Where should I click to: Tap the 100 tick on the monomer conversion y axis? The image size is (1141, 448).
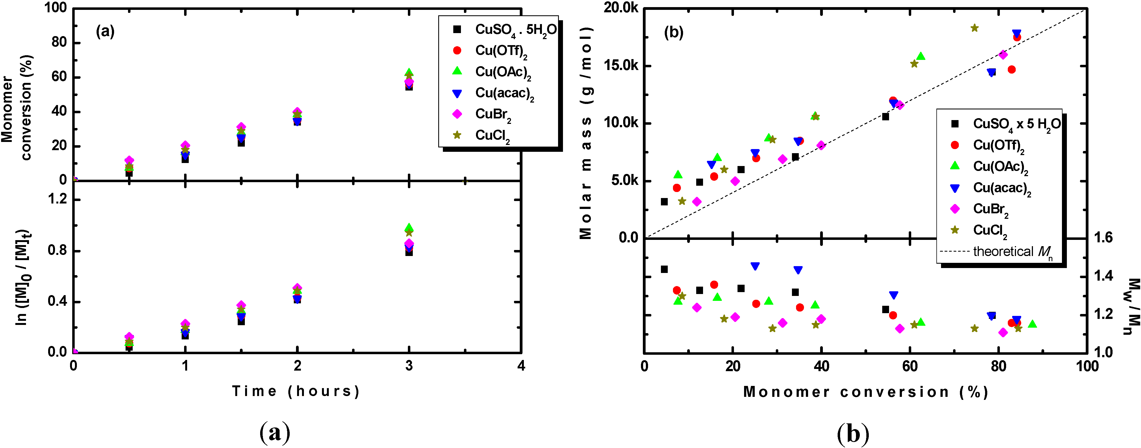point(55,8)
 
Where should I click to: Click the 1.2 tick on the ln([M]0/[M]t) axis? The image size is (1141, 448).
point(57,200)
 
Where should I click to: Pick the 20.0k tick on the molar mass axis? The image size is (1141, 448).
point(620,8)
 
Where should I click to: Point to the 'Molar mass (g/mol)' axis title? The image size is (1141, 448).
point(586,133)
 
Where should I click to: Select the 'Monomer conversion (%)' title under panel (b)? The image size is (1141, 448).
point(866,392)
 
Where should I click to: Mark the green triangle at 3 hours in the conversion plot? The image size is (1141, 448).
point(409,72)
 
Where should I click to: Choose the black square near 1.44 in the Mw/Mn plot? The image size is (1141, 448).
point(664,269)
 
